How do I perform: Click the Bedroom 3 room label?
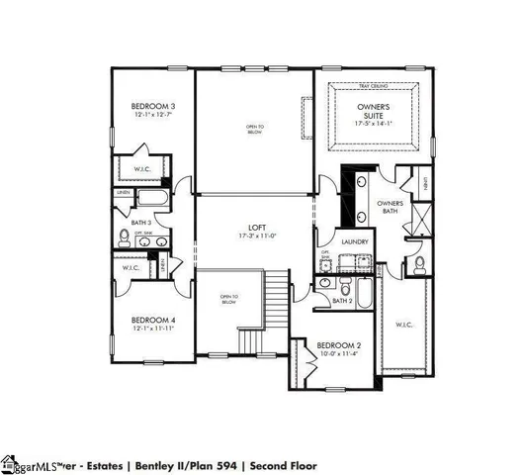[x=153, y=106]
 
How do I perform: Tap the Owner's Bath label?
[x=391, y=207]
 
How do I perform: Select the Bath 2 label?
[x=342, y=301]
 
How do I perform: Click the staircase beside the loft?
[x=278, y=303]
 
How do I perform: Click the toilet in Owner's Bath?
[x=420, y=264]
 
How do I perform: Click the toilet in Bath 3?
[x=125, y=237]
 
